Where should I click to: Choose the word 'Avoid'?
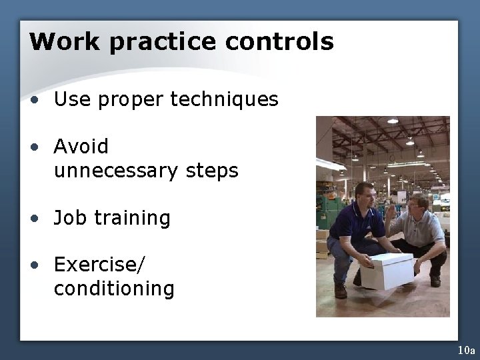tap(81, 146)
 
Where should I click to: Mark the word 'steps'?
tap(211, 171)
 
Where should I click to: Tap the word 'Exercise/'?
tap(99, 265)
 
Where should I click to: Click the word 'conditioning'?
tap(114, 289)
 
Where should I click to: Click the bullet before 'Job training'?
tap(34, 219)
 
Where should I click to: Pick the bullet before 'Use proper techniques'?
tap(34, 101)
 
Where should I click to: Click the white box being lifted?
tap(386, 269)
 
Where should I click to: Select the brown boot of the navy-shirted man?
tap(341, 291)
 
